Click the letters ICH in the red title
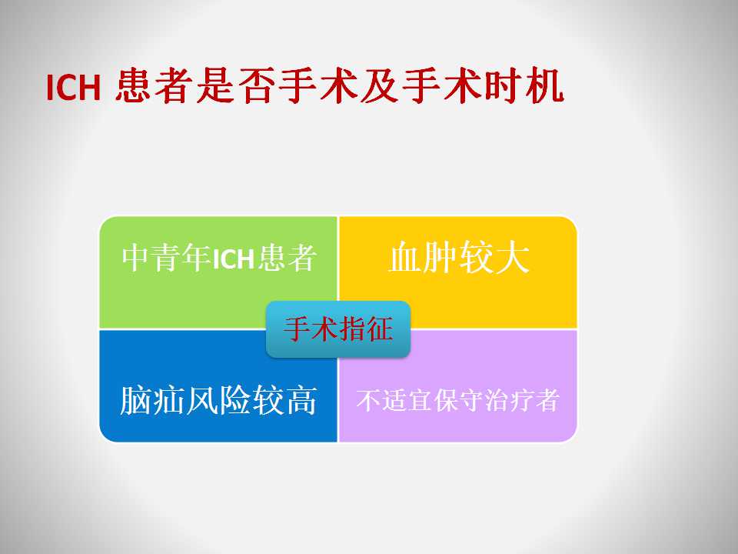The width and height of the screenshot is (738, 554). click(74, 87)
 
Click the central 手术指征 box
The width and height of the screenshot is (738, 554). click(338, 329)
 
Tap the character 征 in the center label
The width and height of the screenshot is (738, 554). click(379, 329)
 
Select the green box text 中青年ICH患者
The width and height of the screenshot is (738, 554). click(219, 258)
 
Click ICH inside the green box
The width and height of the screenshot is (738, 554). click(234, 259)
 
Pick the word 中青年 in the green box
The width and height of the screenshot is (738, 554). click(167, 258)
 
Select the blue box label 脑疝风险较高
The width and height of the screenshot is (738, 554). click(218, 400)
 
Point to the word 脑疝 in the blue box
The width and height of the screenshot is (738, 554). click(152, 400)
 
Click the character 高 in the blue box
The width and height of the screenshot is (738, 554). click(301, 400)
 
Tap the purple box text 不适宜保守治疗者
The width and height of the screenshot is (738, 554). click(458, 400)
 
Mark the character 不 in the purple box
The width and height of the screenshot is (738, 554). click(368, 400)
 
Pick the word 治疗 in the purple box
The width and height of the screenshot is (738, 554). click(509, 400)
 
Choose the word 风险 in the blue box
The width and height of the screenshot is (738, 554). click(218, 400)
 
